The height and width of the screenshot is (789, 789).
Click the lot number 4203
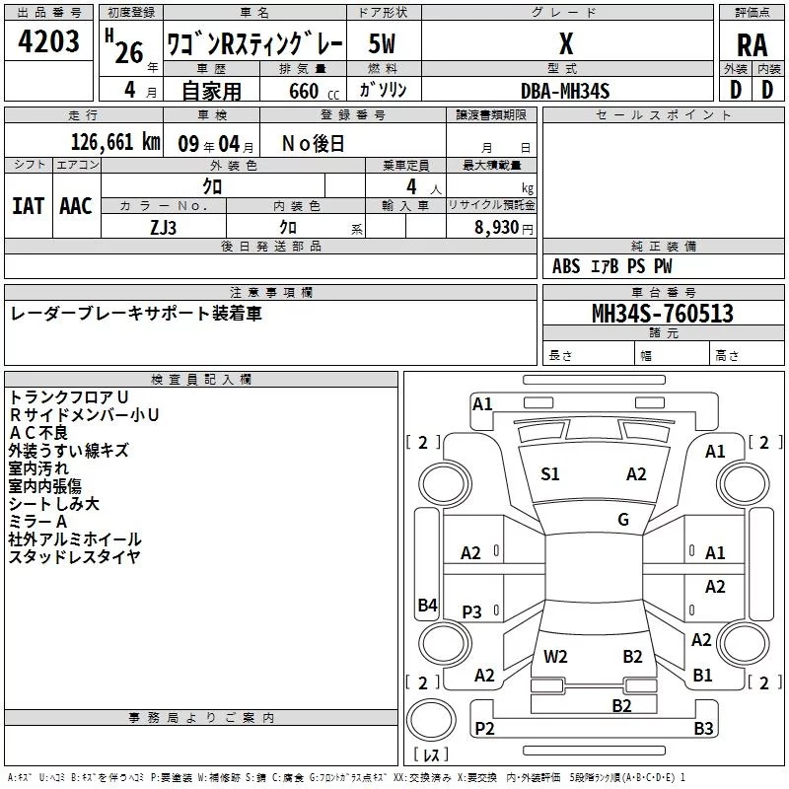click(x=49, y=42)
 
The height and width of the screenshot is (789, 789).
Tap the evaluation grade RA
click(x=752, y=45)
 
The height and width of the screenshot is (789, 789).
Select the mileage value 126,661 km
click(x=115, y=142)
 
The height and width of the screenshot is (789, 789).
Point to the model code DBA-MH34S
click(x=565, y=91)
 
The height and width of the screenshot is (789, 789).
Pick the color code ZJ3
click(x=164, y=227)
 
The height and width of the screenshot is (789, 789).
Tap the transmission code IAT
click(x=28, y=206)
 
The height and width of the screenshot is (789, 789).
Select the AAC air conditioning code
click(x=76, y=206)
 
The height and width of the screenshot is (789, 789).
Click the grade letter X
click(x=566, y=44)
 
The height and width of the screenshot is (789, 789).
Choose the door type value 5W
click(x=383, y=44)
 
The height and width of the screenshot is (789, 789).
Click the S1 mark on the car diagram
click(x=550, y=474)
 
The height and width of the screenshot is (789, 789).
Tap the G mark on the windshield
click(x=623, y=520)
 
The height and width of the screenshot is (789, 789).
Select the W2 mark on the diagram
click(x=555, y=656)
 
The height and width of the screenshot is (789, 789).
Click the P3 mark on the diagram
click(x=472, y=612)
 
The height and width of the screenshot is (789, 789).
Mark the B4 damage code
click(x=427, y=606)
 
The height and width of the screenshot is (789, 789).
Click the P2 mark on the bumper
click(x=484, y=728)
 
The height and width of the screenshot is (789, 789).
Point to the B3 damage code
click(x=703, y=729)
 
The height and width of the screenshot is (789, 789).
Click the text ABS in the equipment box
click(x=566, y=266)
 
